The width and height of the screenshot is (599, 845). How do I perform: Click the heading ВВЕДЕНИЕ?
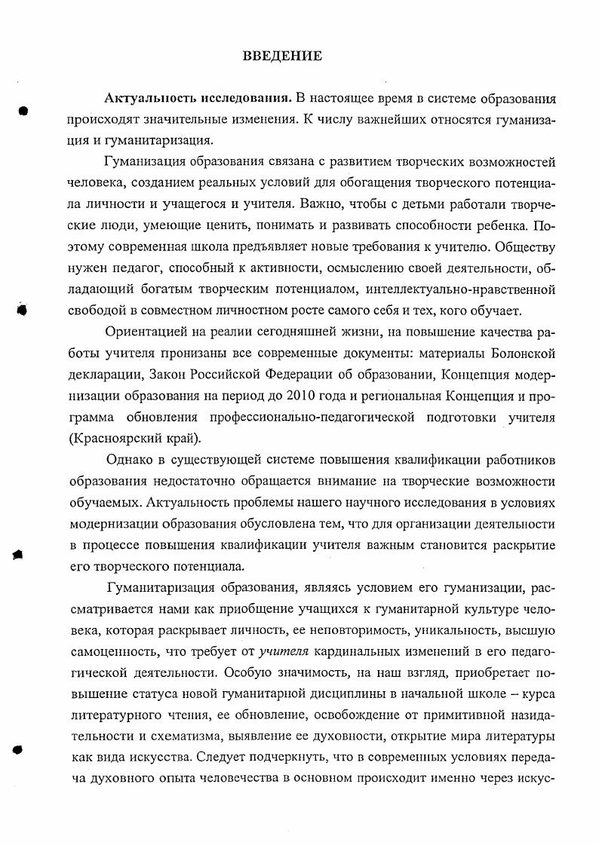coord(282,56)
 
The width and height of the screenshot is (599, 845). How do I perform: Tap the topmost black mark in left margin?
coord(23,111)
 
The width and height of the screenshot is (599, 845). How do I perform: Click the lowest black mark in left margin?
coord(19,729)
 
